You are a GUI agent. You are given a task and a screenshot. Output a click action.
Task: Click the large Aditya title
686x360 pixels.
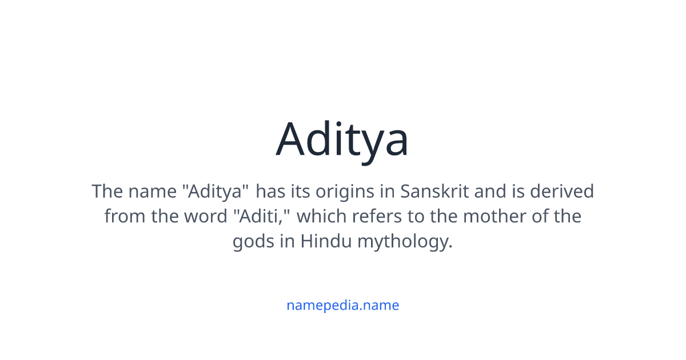(342, 139)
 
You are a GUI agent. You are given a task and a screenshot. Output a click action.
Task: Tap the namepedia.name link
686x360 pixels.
(342, 305)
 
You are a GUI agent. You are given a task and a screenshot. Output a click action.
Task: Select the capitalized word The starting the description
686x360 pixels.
(107, 191)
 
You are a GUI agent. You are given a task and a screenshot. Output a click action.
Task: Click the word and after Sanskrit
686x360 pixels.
(490, 191)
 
